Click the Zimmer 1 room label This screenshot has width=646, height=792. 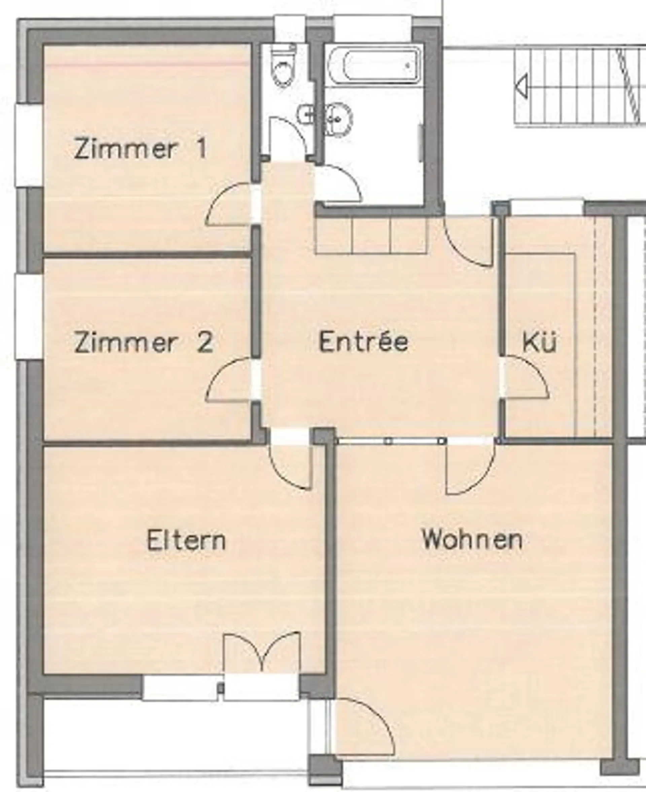point(140,149)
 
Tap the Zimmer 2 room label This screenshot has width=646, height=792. point(144,342)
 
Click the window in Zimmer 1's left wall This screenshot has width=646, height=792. point(29,145)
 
